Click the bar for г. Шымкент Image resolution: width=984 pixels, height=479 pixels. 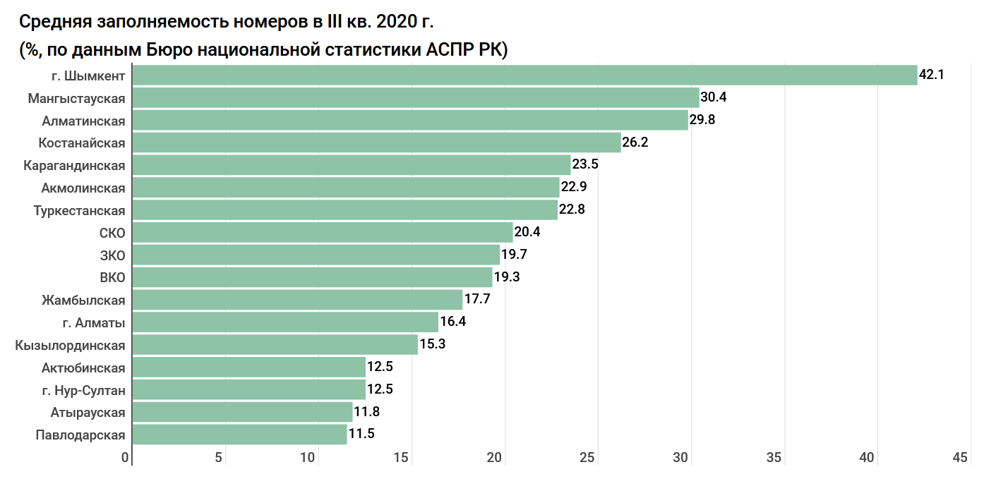(524, 75)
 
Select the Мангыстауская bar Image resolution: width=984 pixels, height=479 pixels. (416, 97)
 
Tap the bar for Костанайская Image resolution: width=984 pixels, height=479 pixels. (376, 143)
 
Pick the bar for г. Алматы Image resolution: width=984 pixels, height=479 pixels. (285, 322)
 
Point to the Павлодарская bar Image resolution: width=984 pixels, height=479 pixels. (239, 435)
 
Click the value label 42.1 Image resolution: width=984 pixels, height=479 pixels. (932, 74)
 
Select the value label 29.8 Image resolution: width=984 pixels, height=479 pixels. (702, 120)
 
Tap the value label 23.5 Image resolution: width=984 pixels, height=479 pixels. (585, 165)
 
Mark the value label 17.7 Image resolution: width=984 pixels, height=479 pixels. (477, 299)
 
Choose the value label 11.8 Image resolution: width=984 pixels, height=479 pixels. (367, 412)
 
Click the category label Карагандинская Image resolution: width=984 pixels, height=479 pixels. (74, 166)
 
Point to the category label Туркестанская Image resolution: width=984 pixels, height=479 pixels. (79, 211)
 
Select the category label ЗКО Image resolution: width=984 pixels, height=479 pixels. (112, 255)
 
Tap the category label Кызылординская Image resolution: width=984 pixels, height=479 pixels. (70, 345)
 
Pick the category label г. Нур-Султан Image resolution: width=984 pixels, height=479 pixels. (83, 390)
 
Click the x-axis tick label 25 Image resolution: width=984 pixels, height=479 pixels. (587, 458)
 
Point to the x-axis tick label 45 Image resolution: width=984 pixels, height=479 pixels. (960, 458)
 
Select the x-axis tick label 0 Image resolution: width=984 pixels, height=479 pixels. (126, 458)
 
